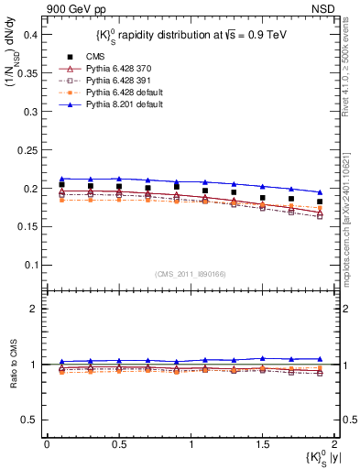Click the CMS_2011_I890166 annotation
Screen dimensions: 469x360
pos(191,273)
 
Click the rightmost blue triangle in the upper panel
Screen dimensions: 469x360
pos(320,192)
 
